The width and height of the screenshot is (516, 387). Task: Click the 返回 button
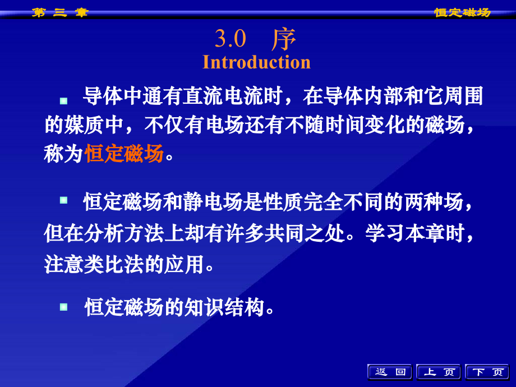390,372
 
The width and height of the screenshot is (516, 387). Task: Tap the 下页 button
487,372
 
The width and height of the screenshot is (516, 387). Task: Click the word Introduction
256,62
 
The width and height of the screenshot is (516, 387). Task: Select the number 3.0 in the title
231,39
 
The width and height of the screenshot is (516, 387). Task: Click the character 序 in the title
284,39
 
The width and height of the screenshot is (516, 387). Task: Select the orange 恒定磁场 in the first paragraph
124,153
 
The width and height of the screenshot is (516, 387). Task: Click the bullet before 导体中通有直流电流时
64,100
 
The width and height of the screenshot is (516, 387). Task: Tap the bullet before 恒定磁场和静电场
64,200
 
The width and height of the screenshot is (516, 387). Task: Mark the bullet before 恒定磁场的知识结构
64,306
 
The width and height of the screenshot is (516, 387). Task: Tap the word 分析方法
123,233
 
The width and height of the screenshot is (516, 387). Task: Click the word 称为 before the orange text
63,153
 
